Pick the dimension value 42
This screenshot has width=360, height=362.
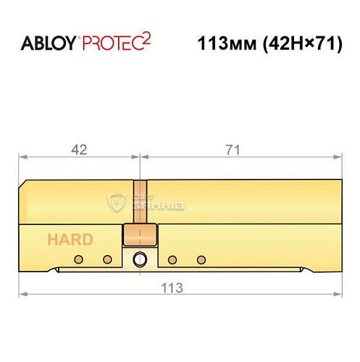79,150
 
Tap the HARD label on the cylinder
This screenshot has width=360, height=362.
70,240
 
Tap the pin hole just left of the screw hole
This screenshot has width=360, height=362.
108,259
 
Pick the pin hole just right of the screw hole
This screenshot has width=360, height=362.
173,259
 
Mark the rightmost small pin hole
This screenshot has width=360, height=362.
201,259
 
